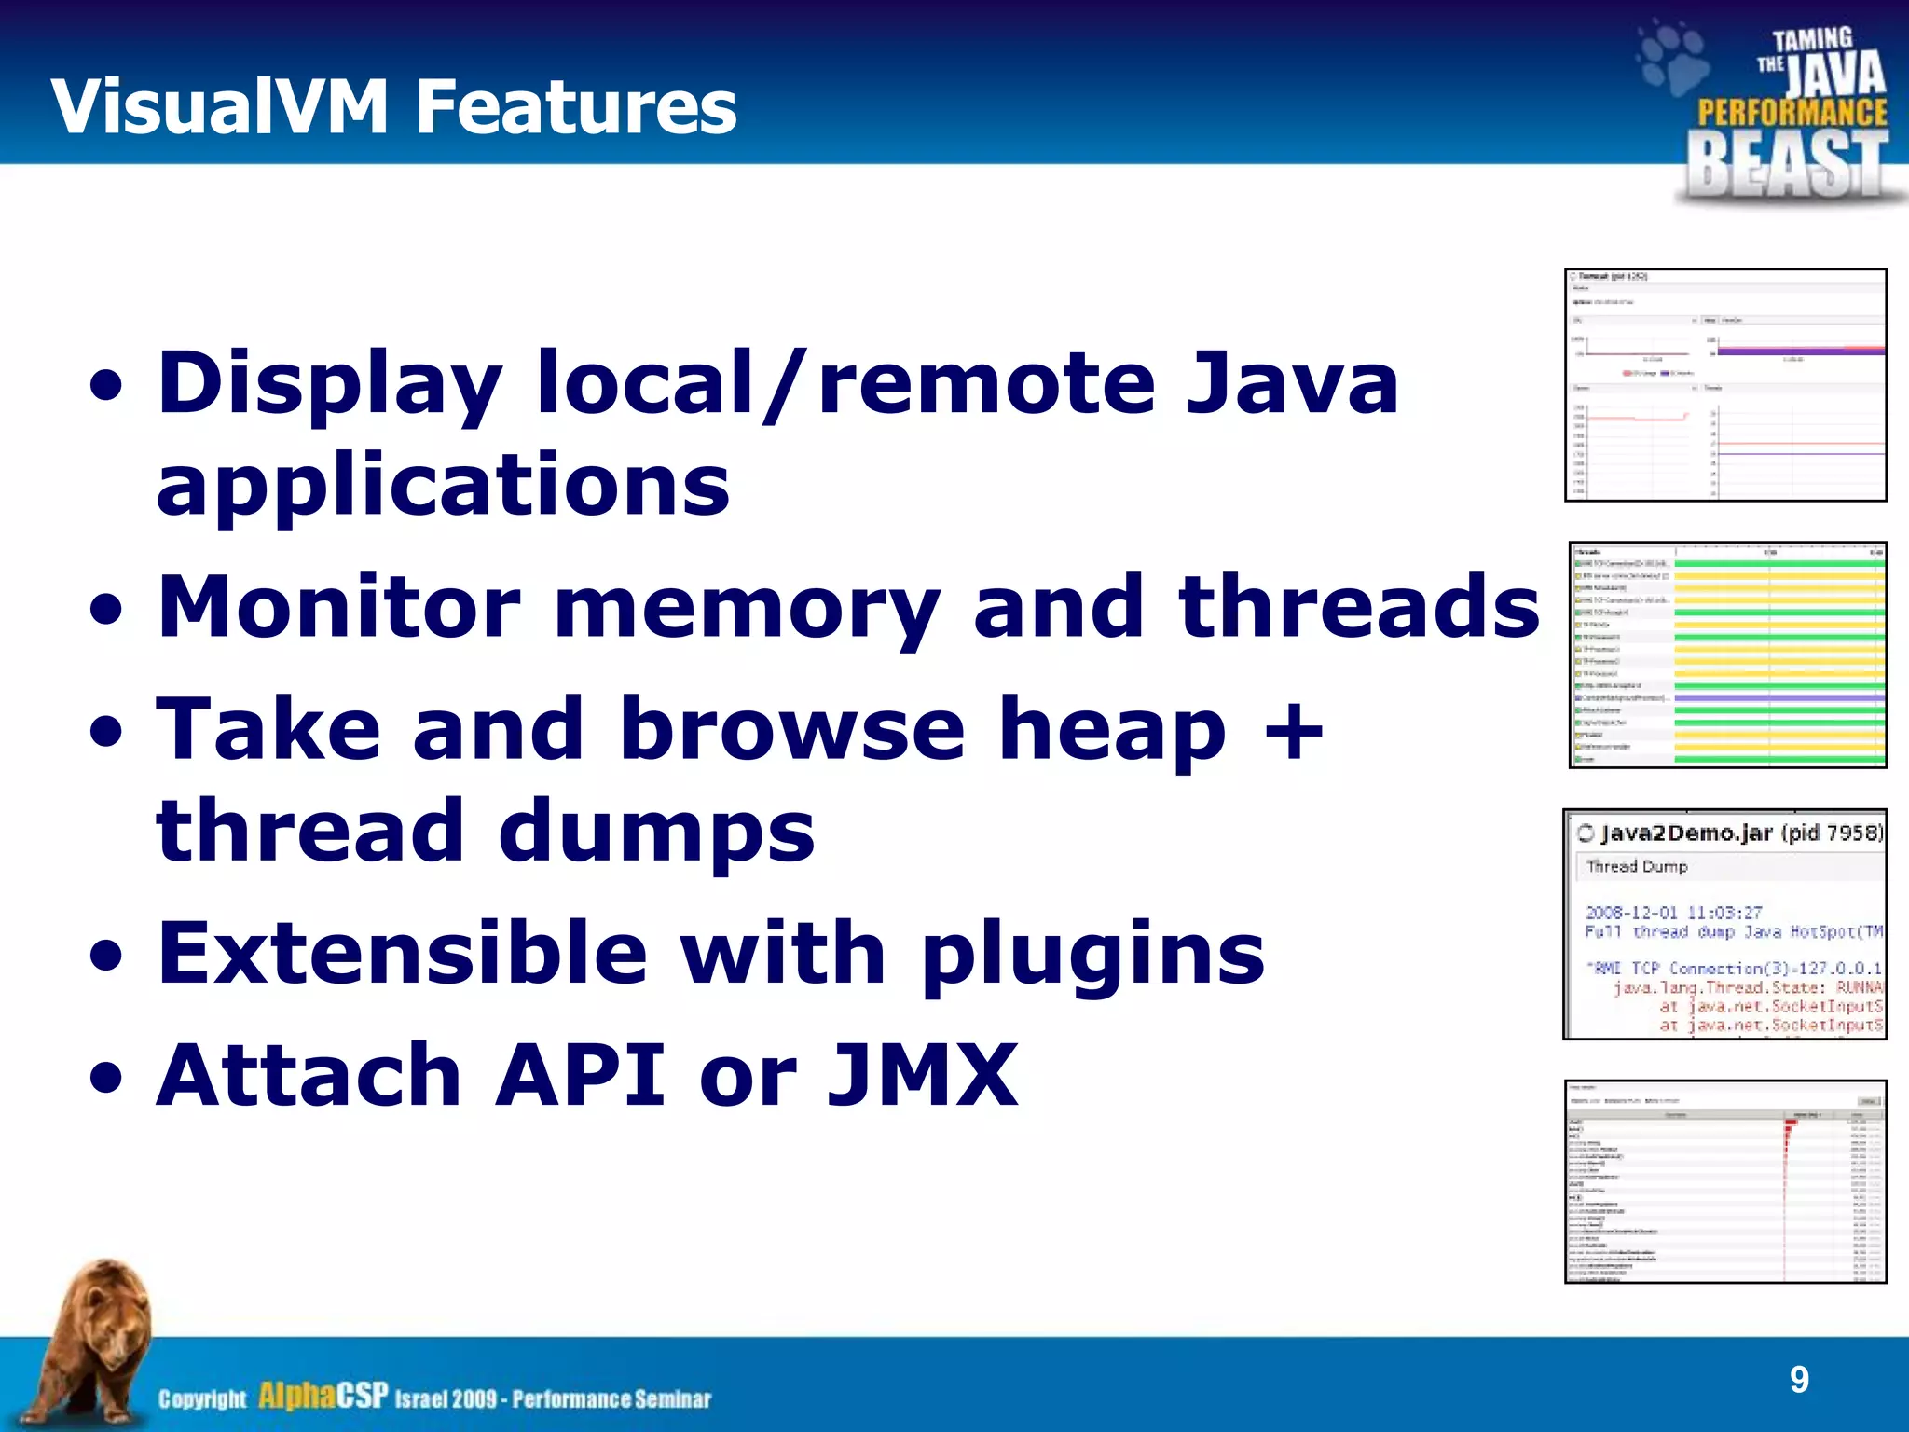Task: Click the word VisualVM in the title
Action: point(220,106)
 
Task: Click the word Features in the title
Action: point(575,106)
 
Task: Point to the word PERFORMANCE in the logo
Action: point(1792,112)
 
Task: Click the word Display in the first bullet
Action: point(331,384)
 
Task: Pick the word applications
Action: point(443,485)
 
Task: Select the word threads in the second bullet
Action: point(1358,607)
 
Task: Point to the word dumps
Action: point(656,831)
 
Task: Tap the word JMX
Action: point(923,1075)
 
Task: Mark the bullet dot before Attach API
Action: point(106,1078)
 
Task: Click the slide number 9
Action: point(1799,1379)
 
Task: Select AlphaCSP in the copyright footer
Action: point(323,1396)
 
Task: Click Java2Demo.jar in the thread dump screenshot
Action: point(1685,833)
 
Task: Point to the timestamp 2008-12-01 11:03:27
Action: point(1673,912)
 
